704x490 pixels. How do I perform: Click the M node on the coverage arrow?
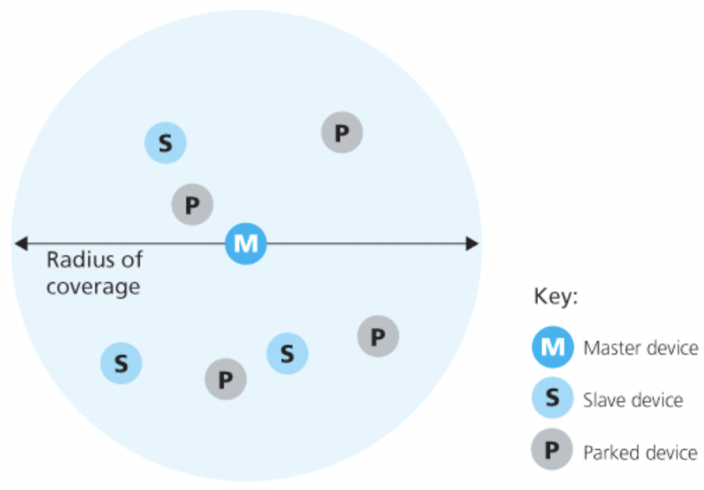(245, 243)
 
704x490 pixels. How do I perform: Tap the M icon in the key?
(552, 348)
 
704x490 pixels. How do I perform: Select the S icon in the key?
(552, 399)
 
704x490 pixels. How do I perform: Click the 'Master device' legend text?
(640, 348)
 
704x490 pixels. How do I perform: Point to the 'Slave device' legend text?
(633, 400)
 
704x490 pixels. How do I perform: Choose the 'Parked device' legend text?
(640, 452)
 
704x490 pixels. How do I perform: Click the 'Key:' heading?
(555, 298)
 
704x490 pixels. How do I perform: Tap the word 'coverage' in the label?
(93, 288)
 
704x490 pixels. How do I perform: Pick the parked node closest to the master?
(192, 205)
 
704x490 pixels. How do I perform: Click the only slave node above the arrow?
(165, 143)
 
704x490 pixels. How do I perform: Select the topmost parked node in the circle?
(342, 133)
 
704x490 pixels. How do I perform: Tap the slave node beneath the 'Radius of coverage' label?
(121, 362)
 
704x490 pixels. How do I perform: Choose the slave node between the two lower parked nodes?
(287, 354)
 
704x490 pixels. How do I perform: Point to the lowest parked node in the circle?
(225, 379)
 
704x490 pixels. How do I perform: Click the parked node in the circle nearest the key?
(377, 336)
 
